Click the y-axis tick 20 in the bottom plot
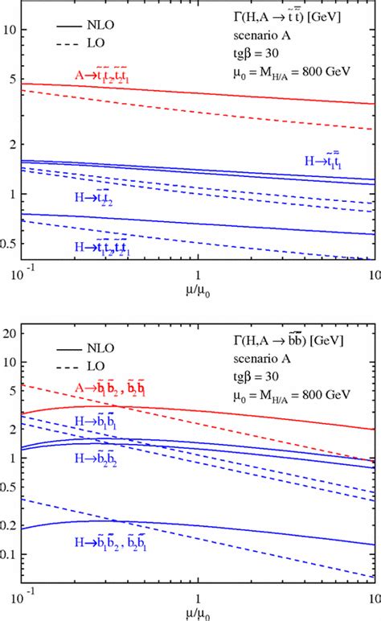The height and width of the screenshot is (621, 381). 10,331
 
